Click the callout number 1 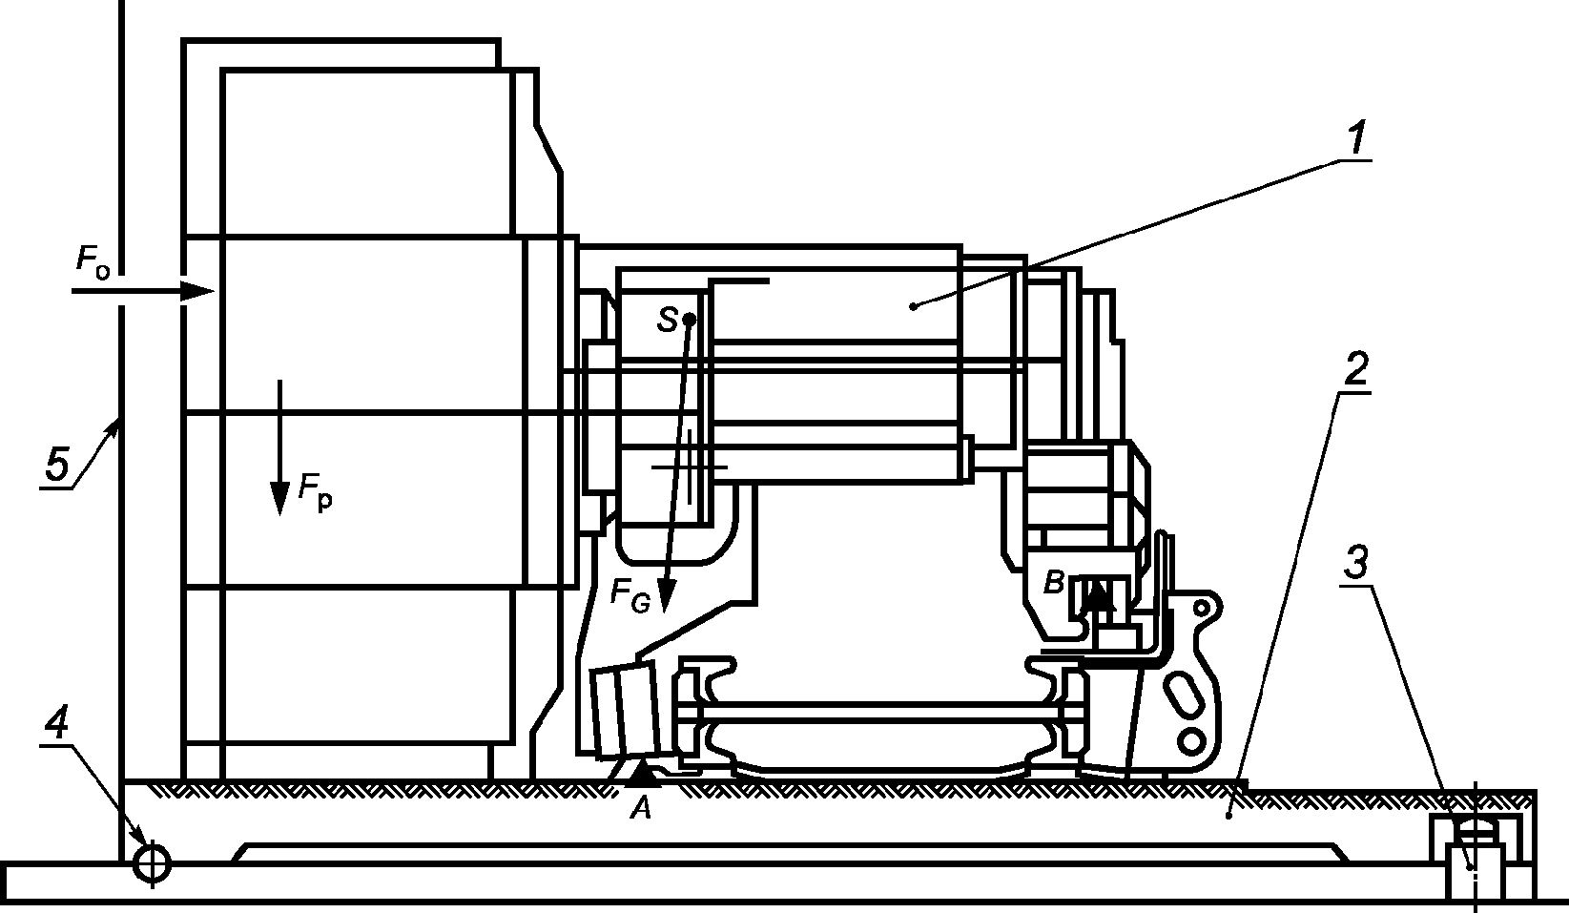[1355, 140]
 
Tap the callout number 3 [1355, 564]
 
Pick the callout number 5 [57, 467]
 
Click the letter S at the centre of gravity [667, 321]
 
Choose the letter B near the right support [1052, 583]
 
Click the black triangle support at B [1101, 596]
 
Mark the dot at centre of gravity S [689, 319]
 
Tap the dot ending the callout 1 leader [914, 305]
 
